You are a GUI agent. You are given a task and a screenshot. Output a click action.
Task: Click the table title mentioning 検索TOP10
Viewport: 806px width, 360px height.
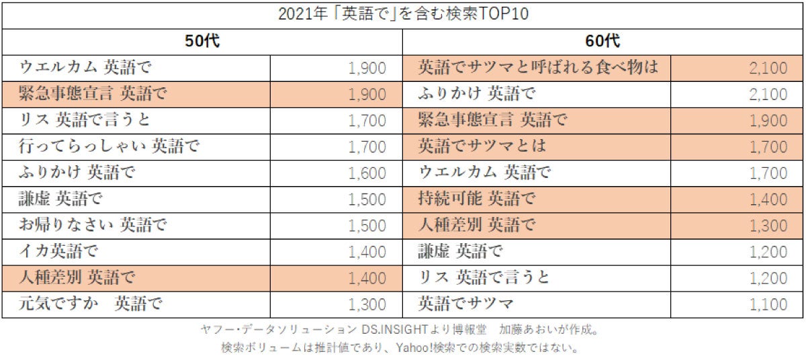(403, 15)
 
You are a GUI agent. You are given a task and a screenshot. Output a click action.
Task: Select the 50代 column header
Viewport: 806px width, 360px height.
(203, 42)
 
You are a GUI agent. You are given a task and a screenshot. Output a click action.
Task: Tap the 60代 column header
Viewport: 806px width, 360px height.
(602, 42)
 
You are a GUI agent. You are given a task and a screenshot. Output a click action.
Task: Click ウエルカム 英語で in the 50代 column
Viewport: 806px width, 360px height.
(86, 67)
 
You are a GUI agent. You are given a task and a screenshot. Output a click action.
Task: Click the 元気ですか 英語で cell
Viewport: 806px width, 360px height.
(91, 304)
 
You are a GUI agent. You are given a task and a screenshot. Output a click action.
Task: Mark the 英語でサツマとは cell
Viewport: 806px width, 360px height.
(482, 146)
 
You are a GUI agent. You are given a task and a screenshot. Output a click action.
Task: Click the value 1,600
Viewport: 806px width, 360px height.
(367, 173)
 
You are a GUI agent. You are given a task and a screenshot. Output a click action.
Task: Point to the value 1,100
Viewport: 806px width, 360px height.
(768, 305)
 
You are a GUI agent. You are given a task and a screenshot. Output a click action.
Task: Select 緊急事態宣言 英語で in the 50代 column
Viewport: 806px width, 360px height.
(93, 94)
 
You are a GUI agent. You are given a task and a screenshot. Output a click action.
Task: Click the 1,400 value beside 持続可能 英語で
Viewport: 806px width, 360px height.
(768, 199)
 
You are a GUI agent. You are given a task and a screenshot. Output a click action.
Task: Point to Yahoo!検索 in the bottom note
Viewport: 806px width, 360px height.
(424, 349)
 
